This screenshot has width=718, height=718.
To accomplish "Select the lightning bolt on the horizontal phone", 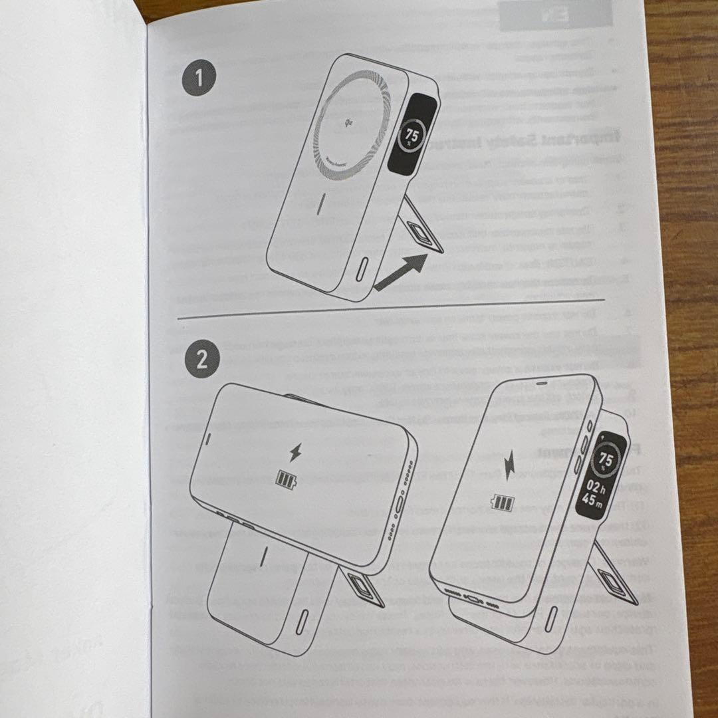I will [x=295, y=455].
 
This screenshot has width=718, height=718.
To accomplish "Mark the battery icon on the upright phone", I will [x=502, y=503].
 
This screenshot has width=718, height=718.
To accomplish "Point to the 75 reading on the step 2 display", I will [x=606, y=458].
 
